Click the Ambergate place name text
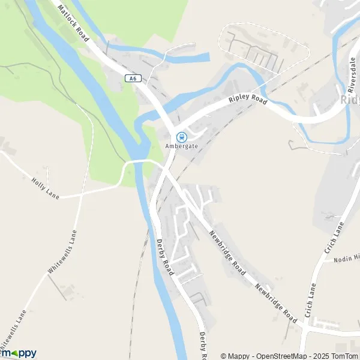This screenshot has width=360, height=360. click(x=181, y=146)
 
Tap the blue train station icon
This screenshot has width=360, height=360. click(x=181, y=137)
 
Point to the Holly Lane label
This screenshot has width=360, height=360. click(x=44, y=187)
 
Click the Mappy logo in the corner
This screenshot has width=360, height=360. click(x=18, y=353)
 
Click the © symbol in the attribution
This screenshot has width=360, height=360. click(x=224, y=356)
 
